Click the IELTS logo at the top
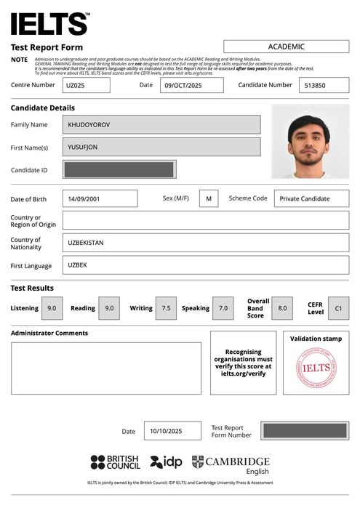click(49, 24)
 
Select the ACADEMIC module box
click(286, 47)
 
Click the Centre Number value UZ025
click(86, 85)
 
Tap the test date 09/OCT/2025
click(191, 85)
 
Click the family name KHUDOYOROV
click(161, 125)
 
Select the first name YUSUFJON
click(161, 147)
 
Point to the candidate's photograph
click(310, 142)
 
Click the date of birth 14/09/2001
click(100, 198)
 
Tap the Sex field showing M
click(208, 198)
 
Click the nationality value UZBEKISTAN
click(205, 243)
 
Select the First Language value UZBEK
click(205, 265)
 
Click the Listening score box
click(52, 308)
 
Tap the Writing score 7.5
click(165, 308)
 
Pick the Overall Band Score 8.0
click(282, 308)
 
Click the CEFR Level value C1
click(338, 308)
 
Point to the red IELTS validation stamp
click(316, 368)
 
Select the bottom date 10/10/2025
click(172, 431)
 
